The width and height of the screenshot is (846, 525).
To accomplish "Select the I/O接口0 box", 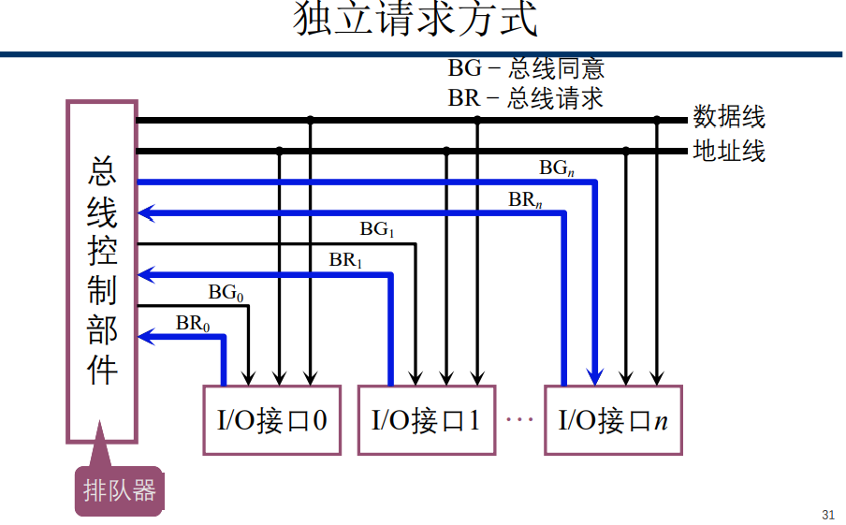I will pyautogui.click(x=271, y=420).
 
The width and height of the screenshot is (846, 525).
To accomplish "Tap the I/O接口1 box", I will pyautogui.click(x=426, y=420).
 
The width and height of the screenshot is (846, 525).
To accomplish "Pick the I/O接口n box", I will pyautogui.click(x=613, y=420).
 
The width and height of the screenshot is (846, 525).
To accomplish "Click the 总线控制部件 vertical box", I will pyautogui.click(x=102, y=271).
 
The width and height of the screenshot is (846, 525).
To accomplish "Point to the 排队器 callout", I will pyautogui.click(x=119, y=490).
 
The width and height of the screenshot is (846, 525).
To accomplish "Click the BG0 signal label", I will pyautogui.click(x=226, y=292).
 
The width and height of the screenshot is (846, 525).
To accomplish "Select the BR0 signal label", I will pyautogui.click(x=193, y=324).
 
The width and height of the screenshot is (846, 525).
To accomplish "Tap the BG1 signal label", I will pyautogui.click(x=377, y=229).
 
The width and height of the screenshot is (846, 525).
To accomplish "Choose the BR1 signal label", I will pyautogui.click(x=345, y=260).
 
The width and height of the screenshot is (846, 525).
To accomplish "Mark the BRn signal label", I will pyautogui.click(x=525, y=199).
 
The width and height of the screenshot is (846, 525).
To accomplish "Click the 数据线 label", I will pyautogui.click(x=729, y=117).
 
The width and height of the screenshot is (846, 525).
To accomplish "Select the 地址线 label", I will pyautogui.click(x=729, y=150).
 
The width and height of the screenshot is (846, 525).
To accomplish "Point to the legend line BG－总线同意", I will pyautogui.click(x=525, y=68).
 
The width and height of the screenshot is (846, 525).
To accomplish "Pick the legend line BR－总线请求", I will pyautogui.click(x=525, y=97).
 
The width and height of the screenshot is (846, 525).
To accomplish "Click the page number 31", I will pyautogui.click(x=827, y=514).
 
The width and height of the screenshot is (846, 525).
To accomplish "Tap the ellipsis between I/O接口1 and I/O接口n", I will pyautogui.click(x=518, y=420).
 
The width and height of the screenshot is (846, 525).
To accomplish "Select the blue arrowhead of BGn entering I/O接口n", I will pyautogui.click(x=594, y=376).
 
